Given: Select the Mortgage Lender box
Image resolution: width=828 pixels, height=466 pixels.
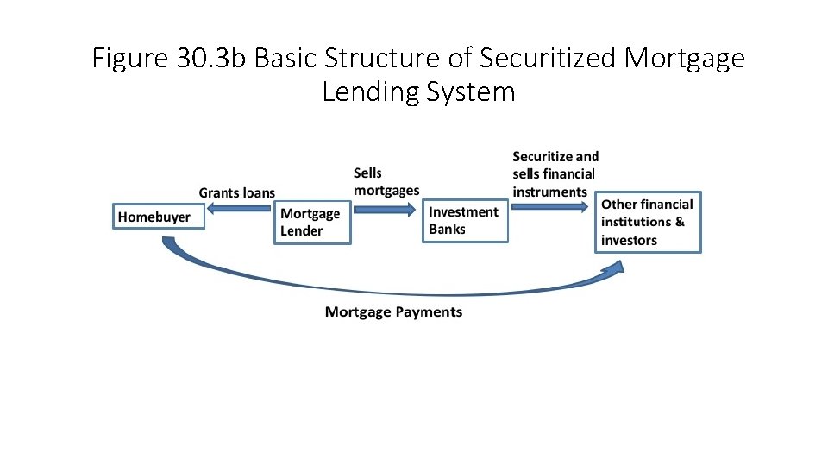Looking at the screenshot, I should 312,222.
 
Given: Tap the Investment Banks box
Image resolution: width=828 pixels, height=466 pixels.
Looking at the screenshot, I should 465,221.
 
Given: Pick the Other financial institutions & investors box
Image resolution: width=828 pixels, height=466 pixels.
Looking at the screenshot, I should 648,222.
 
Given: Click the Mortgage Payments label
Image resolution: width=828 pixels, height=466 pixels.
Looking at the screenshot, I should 393,312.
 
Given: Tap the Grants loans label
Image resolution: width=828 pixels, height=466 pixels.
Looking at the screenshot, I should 236,192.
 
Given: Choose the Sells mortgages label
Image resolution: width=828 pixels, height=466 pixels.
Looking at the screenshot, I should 386,182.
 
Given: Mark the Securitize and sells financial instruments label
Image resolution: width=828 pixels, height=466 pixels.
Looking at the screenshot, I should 555,173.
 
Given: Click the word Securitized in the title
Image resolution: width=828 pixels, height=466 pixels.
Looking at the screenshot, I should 549,59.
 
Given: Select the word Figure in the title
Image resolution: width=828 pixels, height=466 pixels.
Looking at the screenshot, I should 130,59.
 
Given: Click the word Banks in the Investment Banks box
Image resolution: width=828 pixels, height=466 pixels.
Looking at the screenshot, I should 447,230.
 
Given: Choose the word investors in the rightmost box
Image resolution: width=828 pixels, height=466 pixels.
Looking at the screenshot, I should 629,241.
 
